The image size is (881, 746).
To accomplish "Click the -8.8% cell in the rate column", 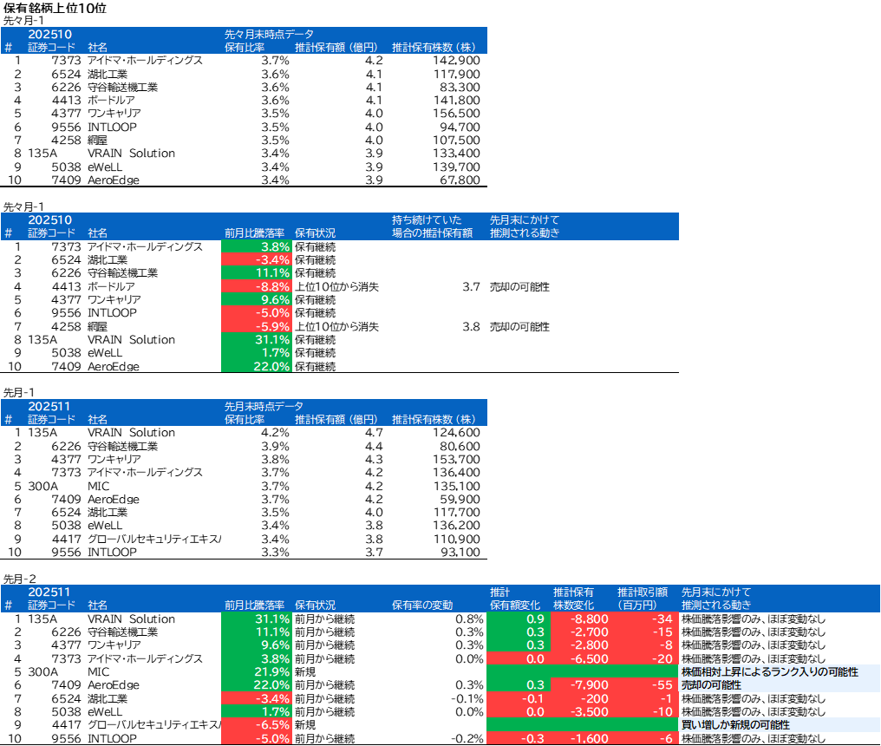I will (257, 286).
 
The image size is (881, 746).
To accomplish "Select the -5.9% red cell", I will (257, 326).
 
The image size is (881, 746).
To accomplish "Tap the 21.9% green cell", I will (257, 672).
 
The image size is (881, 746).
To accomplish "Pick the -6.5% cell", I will (257, 725).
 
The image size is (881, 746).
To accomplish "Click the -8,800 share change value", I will (583, 619).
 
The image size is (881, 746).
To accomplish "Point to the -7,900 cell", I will (583, 685).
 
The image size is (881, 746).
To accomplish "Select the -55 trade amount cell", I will (647, 685).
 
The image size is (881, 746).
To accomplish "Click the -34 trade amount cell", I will (647, 619).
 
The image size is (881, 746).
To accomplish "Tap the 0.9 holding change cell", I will (518, 619).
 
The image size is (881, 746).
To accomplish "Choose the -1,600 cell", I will (583, 738).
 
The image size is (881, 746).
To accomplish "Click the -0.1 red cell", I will (518, 698).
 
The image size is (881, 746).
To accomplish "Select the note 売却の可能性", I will (711, 685).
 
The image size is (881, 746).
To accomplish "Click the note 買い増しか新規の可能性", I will (735, 725).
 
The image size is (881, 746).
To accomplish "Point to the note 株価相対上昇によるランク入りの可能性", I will (769, 672).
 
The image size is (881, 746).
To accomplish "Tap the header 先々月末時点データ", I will (269, 34).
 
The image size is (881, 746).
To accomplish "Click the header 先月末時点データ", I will (264, 406).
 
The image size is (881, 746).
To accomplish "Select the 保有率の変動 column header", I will (422, 605).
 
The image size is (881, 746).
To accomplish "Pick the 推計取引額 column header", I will (642, 599).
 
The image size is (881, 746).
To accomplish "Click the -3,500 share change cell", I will (583, 711).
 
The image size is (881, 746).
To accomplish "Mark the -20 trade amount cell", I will (647, 659).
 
